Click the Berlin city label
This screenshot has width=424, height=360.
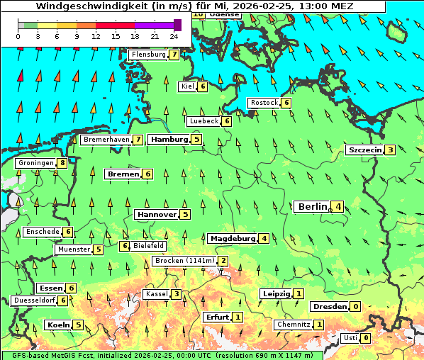tap(313, 207)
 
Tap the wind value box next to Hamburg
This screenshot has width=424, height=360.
tap(197, 140)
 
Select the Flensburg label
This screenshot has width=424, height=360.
tap(148, 55)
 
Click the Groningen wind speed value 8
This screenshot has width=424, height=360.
tap(62, 163)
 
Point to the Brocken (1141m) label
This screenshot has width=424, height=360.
tap(184, 261)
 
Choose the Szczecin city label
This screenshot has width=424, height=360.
tap(364, 150)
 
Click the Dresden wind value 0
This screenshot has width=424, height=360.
tap(355, 307)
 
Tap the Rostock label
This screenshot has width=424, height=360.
tap(264, 103)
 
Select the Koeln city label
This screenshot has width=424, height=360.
tap(57, 325)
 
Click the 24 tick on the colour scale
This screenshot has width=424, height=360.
tap(174, 36)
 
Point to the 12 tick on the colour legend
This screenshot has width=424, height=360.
tap(96, 36)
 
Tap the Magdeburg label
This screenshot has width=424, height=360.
tap(232, 238)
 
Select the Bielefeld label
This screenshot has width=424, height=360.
tap(149, 246)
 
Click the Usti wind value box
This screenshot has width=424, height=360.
tap(365, 338)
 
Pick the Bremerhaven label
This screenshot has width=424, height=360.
tap(106, 140)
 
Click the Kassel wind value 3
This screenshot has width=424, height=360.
tap(176, 294)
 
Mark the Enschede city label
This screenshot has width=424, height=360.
tap(43, 232)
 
